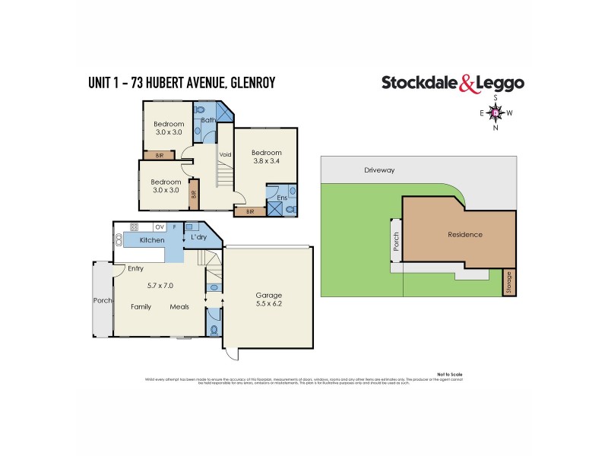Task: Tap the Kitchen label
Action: pos(151,240)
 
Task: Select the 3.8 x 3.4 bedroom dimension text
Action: pos(266,160)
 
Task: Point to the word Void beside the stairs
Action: pos(225,154)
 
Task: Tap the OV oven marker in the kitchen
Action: pos(160,226)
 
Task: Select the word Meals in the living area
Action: pos(179,307)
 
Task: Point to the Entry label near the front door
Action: pos(136,268)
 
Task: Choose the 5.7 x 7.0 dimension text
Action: pos(160,285)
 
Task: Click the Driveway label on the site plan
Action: pos(378,171)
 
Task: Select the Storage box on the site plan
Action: pos(510,283)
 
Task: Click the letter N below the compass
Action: pos(496,128)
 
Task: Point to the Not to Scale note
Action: pos(450,375)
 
